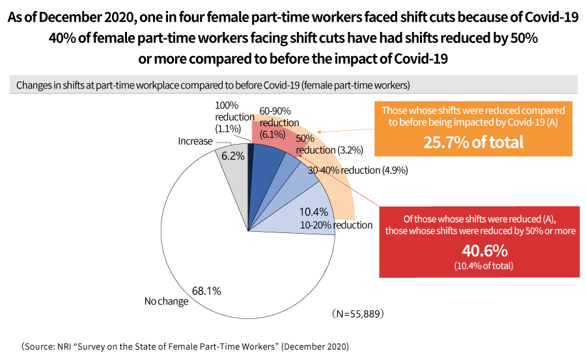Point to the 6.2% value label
233,156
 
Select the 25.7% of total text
473,141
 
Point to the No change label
166,301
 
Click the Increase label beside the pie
195,141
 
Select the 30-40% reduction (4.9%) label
357,171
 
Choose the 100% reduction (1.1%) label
233,117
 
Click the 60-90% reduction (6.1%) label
279,122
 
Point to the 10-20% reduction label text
336,225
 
